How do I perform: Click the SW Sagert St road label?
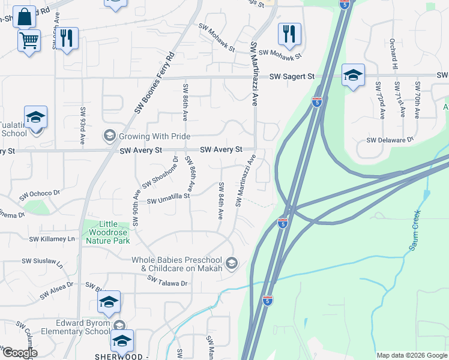(292, 77)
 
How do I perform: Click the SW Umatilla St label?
(168, 196)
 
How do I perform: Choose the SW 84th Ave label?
(221, 200)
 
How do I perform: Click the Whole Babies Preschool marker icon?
(232, 263)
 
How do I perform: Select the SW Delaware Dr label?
(391, 140)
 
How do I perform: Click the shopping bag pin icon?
(25, 16)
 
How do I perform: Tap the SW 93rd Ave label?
(83, 126)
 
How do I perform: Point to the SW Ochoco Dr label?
(40, 194)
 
